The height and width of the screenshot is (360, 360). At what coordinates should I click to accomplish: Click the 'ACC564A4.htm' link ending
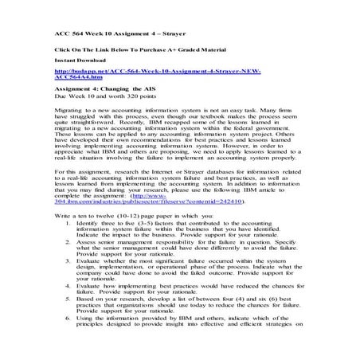click(80, 78)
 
